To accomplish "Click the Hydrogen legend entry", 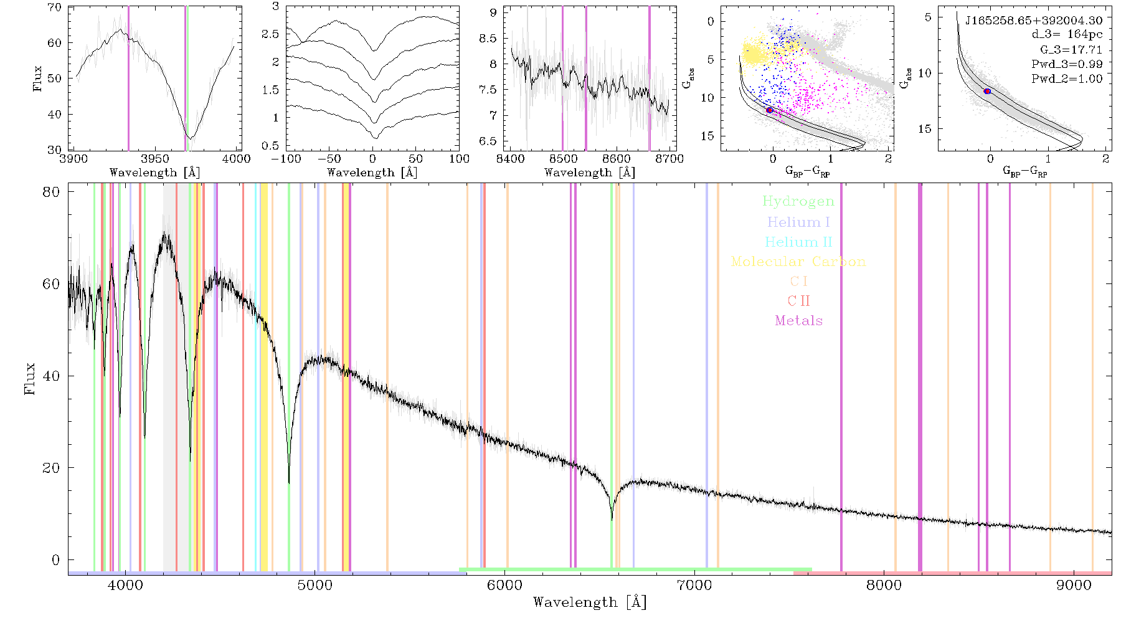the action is (798, 202).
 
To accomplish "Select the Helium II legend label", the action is (798, 242).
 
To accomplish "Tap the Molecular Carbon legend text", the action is (798, 262).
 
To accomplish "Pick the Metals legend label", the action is (799, 321).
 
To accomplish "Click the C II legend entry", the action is (799, 301).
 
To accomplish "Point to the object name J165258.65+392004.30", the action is (1034, 21).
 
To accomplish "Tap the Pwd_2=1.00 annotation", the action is (1067, 79).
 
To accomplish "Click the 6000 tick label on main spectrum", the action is (504, 586).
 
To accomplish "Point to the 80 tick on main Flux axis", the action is (52, 192).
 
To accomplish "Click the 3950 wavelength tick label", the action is (155, 159).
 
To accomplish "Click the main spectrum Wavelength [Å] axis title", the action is (590, 602).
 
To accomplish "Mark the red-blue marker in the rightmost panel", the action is (987, 92).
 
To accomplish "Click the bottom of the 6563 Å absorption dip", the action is (612, 519).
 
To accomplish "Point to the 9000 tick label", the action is (1074, 586).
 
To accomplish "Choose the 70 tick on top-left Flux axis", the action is (55, 7).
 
